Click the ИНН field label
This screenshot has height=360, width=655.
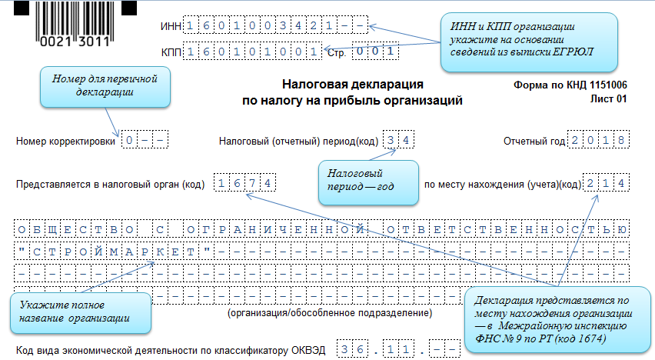(x=170, y=28)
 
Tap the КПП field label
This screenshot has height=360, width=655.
(x=170, y=53)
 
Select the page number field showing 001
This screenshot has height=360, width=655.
(x=376, y=52)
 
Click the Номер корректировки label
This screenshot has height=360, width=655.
(x=65, y=142)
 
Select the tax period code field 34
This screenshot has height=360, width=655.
(x=400, y=141)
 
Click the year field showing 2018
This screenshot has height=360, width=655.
(x=599, y=141)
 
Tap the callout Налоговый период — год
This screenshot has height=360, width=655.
(x=369, y=182)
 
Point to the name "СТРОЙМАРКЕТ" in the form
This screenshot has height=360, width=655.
(x=115, y=251)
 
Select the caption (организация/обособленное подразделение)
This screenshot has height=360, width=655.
(x=330, y=314)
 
